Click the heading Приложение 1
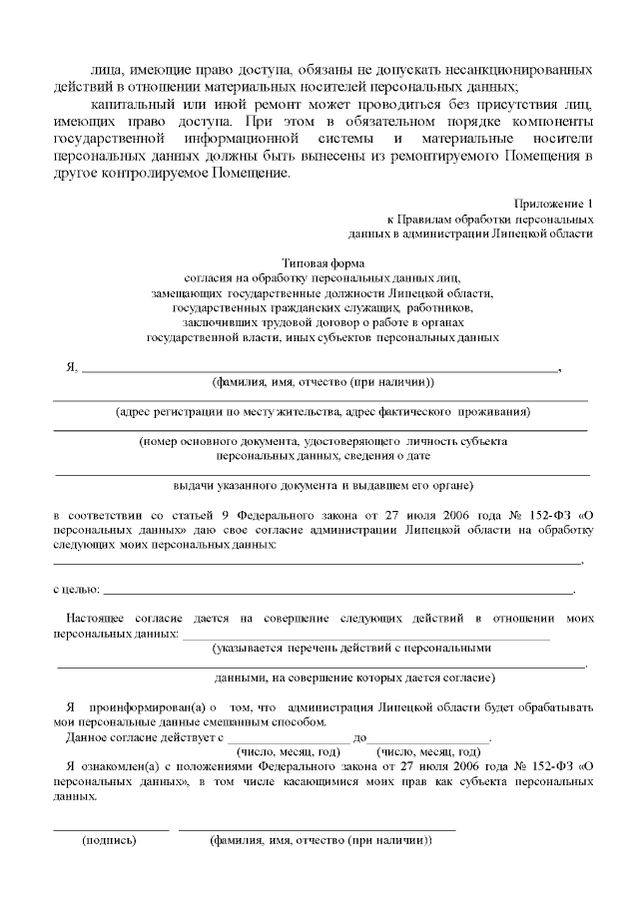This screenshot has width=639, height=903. pyautogui.click(x=557, y=204)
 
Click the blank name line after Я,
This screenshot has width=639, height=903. pyautogui.click(x=319, y=369)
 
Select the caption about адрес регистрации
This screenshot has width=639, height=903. pyautogui.click(x=322, y=411)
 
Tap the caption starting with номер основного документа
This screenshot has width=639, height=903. pyautogui.click(x=322, y=440)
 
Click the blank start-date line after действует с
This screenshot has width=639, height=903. pyautogui.click(x=289, y=738)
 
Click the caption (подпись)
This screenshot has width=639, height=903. pyautogui.click(x=110, y=840)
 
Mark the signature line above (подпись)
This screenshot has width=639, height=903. pyautogui.click(x=111, y=829)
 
